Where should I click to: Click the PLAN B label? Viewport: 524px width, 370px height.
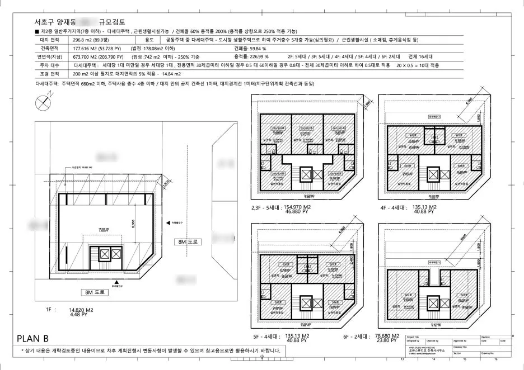point(33,338)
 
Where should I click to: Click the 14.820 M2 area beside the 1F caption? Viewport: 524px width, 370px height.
point(81,309)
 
